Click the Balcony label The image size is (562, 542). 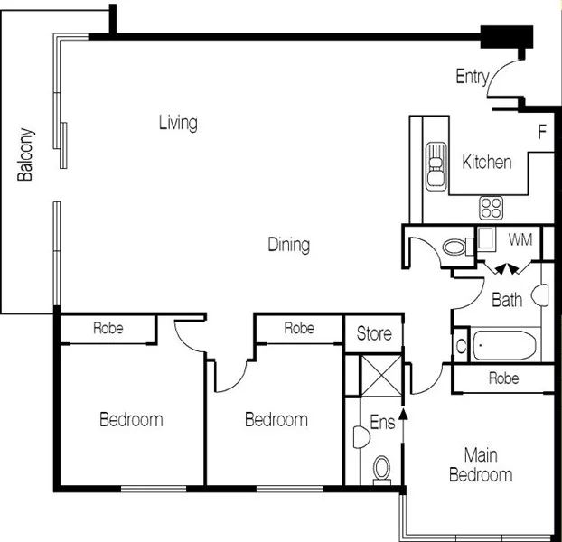tap(26, 154)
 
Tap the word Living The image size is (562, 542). tap(178, 123)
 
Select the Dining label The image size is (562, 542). tap(289, 245)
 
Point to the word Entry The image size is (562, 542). tap(471, 77)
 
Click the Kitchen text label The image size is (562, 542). tap(487, 163)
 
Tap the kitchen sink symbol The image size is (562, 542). tap(436, 164)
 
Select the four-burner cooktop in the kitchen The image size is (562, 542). tap(491, 208)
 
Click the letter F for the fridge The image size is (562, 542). tap(543, 133)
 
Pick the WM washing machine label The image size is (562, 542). tap(520, 240)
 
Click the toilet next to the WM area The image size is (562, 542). tap(454, 246)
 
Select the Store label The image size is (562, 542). tap(374, 334)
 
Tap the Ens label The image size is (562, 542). tap(382, 423)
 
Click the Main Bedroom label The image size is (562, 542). tap(481, 465)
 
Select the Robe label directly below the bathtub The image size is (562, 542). tap(503, 379)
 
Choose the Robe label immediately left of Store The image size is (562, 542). tap(299, 329)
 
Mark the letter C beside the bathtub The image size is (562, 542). tap(460, 346)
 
